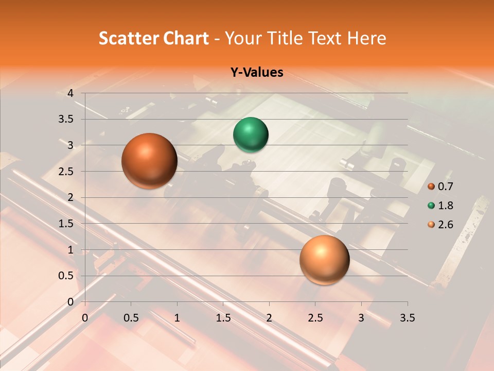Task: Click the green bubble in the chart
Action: (251, 135)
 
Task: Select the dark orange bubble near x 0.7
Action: (149, 161)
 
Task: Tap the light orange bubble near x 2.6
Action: (324, 260)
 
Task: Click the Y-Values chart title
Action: (256, 73)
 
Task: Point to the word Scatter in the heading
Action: (130, 38)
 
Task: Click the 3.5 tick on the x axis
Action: (407, 318)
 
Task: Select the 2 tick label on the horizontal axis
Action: (269, 318)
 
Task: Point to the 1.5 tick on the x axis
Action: (223, 318)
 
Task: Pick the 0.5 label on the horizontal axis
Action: (131, 318)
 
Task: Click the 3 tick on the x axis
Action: (361, 318)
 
